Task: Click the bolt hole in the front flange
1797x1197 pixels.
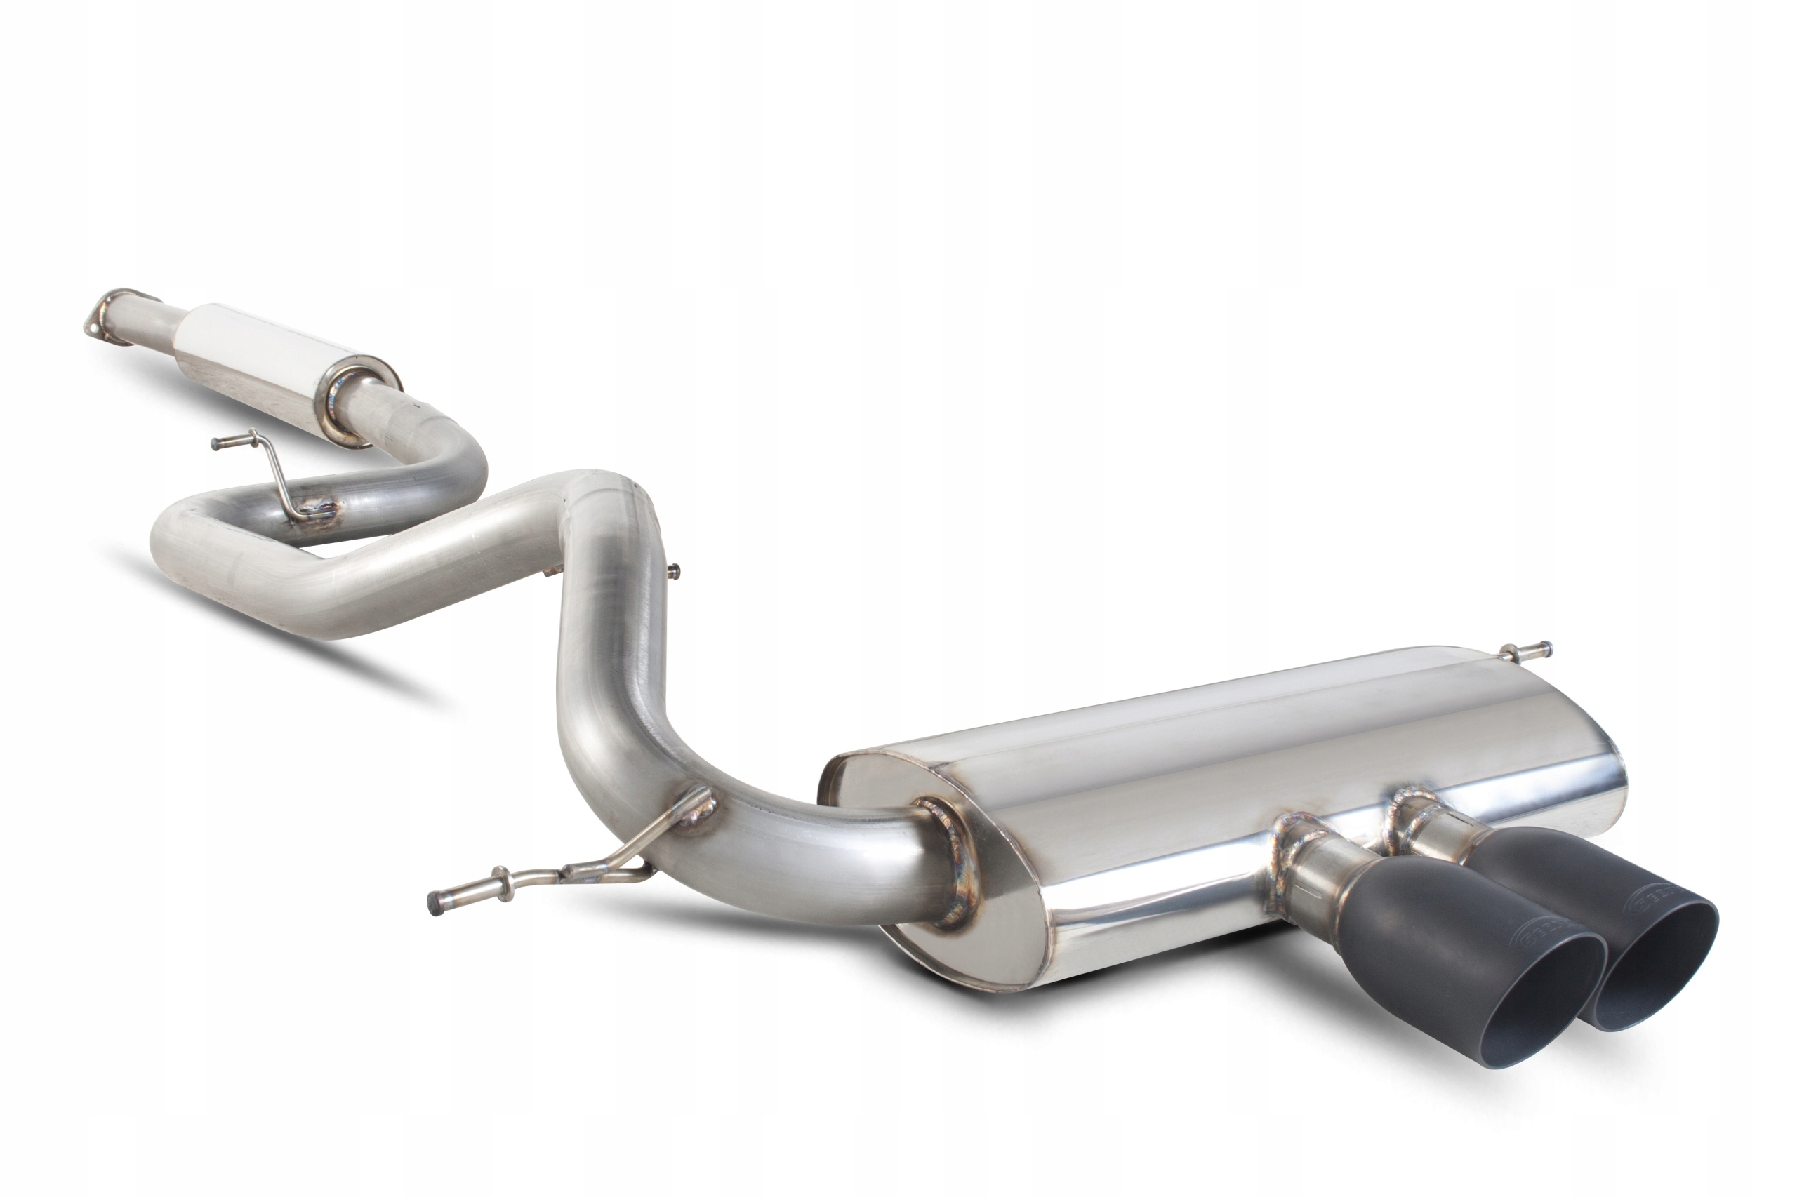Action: coord(93,325)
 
